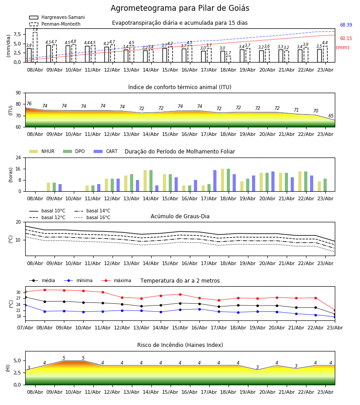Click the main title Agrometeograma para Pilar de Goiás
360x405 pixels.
coord(180,8)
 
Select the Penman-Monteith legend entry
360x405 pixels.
coord(55,24)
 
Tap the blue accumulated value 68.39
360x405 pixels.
coord(346,25)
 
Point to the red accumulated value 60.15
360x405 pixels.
coord(346,39)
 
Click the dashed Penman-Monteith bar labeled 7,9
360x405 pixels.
coord(35,47)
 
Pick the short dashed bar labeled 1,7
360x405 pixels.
coord(229,59)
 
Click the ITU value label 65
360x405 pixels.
coord(331,116)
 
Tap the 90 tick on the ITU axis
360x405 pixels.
coord(18,93)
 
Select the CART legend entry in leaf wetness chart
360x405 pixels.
coord(106,151)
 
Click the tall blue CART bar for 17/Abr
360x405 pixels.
coord(215,181)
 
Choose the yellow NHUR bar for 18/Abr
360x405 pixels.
coord(223,180)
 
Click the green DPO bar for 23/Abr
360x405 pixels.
coord(325,185)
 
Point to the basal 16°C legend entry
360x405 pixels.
coord(92,218)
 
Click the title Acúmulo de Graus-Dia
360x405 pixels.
coord(180,216)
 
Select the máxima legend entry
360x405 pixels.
coord(116,280)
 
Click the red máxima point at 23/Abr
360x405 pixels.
coord(335,310)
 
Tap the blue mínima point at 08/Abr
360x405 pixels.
coord(45,311)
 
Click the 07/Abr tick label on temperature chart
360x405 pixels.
coord(25,328)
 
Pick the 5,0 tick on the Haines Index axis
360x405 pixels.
coord(17,361)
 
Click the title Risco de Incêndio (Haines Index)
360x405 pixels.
coord(180,345)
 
